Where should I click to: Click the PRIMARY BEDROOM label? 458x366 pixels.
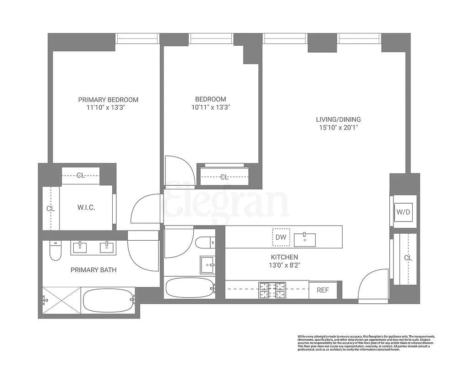pyautogui.click(x=108, y=100)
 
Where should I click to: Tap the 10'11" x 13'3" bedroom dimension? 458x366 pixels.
pyautogui.click(x=211, y=108)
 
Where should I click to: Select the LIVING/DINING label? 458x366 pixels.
pyautogui.click(x=338, y=119)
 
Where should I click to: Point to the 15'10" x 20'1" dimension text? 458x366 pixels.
pyautogui.click(x=338, y=128)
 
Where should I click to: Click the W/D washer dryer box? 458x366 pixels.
pyautogui.click(x=403, y=212)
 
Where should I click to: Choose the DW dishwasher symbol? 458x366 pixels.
pyautogui.click(x=280, y=237)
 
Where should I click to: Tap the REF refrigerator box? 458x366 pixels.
pyautogui.click(x=323, y=290)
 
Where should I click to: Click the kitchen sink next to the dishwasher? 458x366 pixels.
pyautogui.click(x=305, y=238)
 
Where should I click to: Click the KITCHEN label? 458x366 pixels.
pyautogui.click(x=284, y=257)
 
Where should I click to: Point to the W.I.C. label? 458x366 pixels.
pyautogui.click(x=86, y=208)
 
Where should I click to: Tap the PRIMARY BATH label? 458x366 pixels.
pyautogui.click(x=93, y=270)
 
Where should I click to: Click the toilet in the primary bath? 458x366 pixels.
pyautogui.click(x=55, y=251)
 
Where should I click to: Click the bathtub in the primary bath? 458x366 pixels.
pyautogui.click(x=109, y=300)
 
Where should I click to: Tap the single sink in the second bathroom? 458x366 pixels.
pyautogui.click(x=207, y=264)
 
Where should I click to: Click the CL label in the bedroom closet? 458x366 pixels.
pyautogui.click(x=224, y=177)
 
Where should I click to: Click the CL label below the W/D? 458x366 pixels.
pyautogui.click(x=408, y=258)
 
